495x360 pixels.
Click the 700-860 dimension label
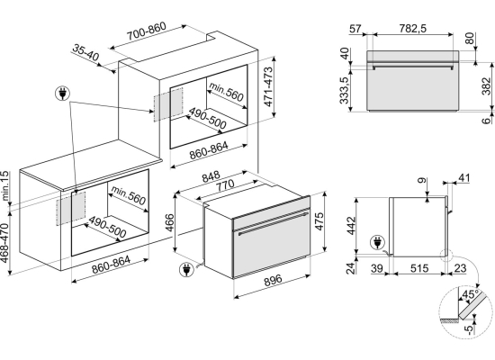point(147,31)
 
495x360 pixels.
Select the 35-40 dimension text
point(85,52)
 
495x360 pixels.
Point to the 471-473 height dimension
point(268,86)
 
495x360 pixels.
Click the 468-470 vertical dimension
point(4,242)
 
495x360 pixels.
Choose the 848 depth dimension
point(211,176)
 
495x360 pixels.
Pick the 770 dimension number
point(225,185)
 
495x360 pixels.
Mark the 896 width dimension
point(273,280)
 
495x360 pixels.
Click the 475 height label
point(319,221)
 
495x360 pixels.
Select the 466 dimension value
point(169,222)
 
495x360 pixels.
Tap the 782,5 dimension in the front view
point(412,29)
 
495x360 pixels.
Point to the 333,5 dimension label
point(344,91)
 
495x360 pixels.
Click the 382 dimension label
point(487,85)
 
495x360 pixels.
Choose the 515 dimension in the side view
point(419,268)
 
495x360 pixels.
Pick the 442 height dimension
point(351,226)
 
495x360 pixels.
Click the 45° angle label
point(470,294)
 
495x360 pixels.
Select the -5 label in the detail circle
point(470,329)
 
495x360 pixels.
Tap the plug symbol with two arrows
point(62,94)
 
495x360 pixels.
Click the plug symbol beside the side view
point(378,242)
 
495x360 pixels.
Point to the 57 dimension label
point(355,29)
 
